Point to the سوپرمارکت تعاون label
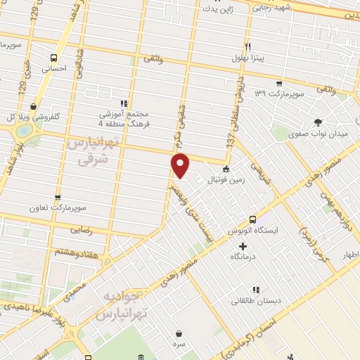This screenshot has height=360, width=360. point(57,208)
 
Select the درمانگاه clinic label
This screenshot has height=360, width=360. point(243,257)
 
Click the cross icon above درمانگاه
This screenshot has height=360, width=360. point(243,246)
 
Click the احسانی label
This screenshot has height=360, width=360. point(54,69)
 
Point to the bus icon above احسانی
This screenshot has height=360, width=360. point(54,58)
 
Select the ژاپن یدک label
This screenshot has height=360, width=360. point(216,8)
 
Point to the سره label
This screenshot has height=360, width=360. point(179,345)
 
